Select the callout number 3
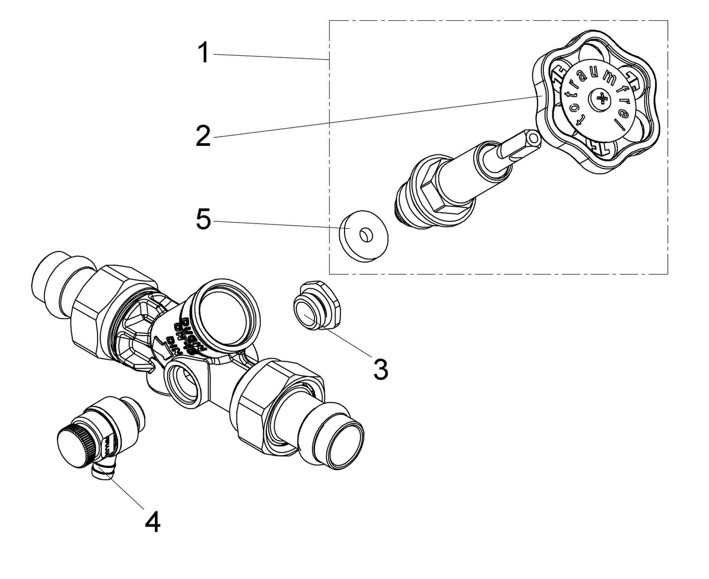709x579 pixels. pos(380,369)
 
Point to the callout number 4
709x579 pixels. pos(153,521)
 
